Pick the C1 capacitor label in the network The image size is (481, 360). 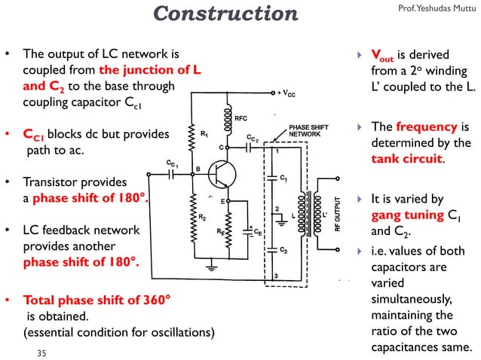click(283, 178)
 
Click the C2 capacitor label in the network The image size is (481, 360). click(283, 249)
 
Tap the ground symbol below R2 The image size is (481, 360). click(213, 266)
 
